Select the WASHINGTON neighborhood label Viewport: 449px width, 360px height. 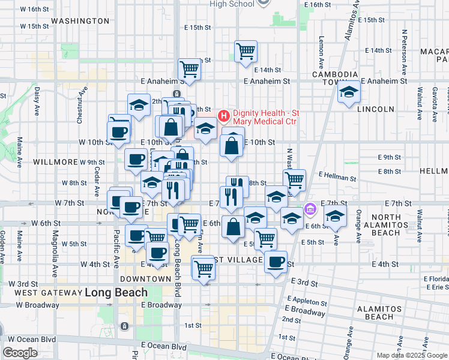[80, 21]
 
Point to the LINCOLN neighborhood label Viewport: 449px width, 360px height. [375, 109]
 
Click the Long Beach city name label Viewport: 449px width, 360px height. [116, 293]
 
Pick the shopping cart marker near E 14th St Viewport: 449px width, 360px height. [246, 51]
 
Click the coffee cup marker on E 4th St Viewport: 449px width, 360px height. [276, 261]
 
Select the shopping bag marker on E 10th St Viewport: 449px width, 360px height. [232, 145]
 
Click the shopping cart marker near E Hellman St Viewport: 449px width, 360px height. [294, 179]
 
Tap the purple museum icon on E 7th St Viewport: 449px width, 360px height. [310, 209]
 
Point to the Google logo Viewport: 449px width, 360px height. [20, 353]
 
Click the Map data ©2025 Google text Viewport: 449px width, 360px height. [412, 355]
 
